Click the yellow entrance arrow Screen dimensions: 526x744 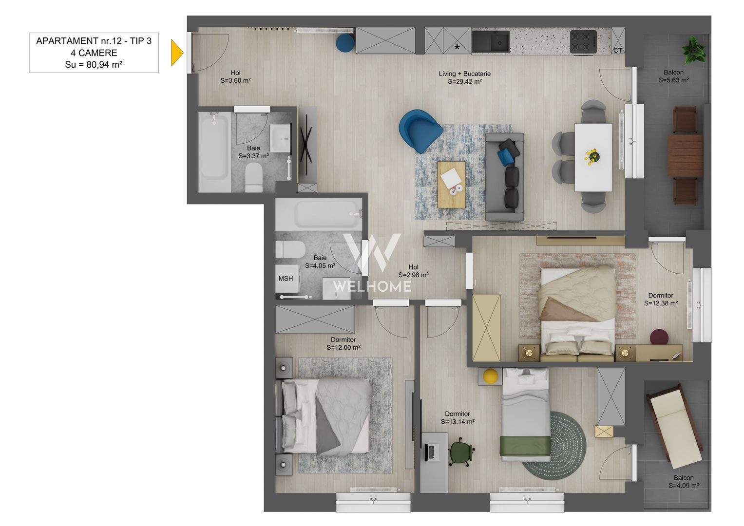click(176, 53)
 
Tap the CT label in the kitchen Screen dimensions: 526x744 click(617, 51)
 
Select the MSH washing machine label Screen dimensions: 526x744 click(286, 279)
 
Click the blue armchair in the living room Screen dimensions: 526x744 click(419, 131)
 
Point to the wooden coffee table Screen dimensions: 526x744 click(451, 185)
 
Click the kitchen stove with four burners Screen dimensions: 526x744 click(583, 41)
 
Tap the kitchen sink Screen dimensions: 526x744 click(491, 41)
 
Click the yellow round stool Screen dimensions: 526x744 click(491, 376)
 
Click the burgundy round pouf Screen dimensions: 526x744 click(659, 337)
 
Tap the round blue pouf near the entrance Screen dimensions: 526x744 click(345, 42)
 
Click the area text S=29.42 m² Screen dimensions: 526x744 click(465, 82)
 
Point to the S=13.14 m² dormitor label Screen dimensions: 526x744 click(458, 422)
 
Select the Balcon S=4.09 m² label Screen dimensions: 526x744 click(684, 482)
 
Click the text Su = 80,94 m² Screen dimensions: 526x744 click(94, 65)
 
